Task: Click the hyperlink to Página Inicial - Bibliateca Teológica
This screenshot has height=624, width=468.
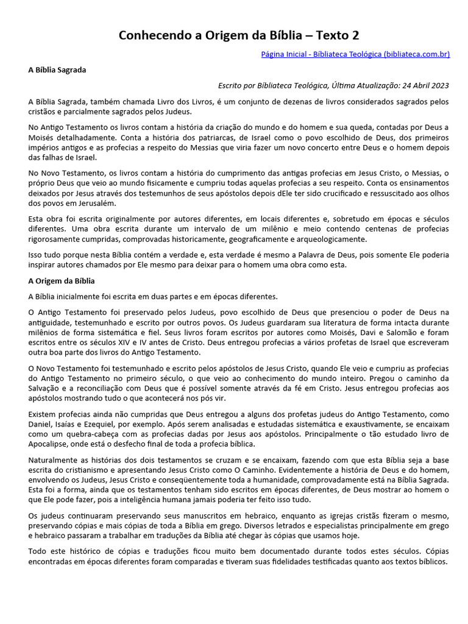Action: [x=355, y=54]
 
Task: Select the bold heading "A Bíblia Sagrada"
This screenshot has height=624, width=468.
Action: [x=57, y=70]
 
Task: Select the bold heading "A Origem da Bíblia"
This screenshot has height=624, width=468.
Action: [x=62, y=281]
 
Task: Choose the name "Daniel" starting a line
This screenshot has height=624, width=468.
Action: [x=41, y=424]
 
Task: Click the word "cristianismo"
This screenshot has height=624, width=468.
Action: [x=87, y=470]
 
